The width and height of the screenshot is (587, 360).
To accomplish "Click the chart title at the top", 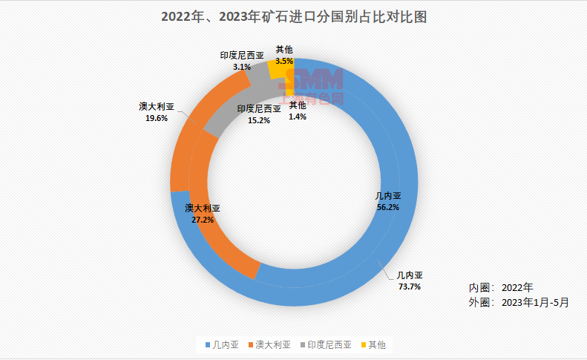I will point(293,16).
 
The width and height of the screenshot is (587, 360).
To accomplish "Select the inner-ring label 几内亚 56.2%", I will point(387,202).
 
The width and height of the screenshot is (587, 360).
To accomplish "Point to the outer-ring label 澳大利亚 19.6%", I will point(157,112).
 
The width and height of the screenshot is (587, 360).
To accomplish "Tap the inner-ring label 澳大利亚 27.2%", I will point(203,215).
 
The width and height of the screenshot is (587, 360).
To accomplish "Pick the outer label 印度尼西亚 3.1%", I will point(242,61).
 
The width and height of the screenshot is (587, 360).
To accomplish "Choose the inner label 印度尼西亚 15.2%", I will point(259,114).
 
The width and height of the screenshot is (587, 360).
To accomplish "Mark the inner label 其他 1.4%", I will point(298,111).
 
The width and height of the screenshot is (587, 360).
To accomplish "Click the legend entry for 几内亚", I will point(221,344).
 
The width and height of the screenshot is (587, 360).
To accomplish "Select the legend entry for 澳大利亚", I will point(269,344).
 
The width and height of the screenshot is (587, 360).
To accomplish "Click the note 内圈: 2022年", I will point(501,287).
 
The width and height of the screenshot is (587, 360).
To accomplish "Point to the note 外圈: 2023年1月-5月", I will point(519,302).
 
